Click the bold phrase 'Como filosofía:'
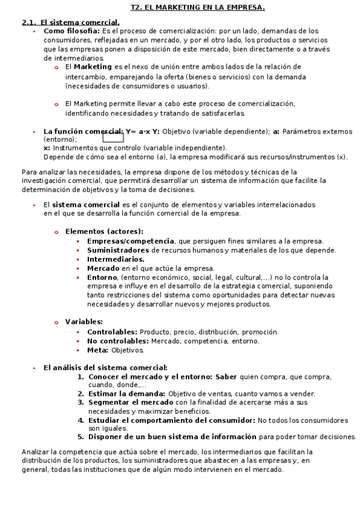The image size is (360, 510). pyautogui.click(x=72, y=31)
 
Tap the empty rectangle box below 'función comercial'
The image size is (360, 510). pyautogui.click(x=113, y=138)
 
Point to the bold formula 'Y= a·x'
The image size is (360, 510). pyautogui.click(x=138, y=131)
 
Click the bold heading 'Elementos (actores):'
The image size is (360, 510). pyautogui.click(x=104, y=232)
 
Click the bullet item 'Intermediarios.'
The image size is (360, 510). pyautogui.click(x=115, y=259)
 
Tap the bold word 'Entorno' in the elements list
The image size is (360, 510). pyautogui.click(x=102, y=277)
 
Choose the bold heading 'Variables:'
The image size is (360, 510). pyautogui.click(x=84, y=322)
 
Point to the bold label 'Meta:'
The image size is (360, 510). pyautogui.click(x=97, y=350)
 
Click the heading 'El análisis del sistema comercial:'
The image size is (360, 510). pyautogui.click(x=105, y=367)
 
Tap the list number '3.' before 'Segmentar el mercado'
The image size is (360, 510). pyautogui.click(x=81, y=402)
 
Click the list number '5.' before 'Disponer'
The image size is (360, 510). pyautogui.click(x=81, y=437)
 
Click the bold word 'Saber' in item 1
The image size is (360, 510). pyautogui.click(x=226, y=376)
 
